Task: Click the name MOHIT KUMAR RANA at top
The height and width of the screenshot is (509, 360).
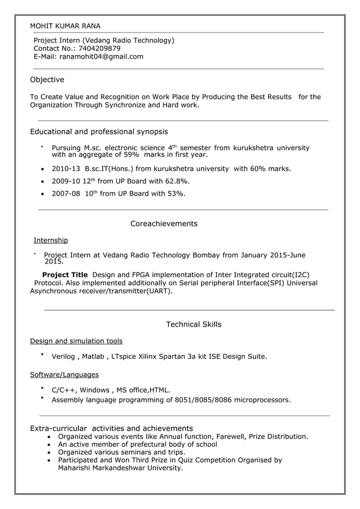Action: tap(65, 26)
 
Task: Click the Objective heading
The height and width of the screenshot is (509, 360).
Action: tap(47, 80)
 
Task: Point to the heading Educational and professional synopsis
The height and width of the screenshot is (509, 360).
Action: tap(99, 131)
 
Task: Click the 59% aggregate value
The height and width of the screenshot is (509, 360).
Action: tap(131, 154)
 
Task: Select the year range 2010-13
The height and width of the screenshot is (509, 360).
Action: tap(65, 168)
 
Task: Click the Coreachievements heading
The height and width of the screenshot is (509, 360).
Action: tap(164, 223)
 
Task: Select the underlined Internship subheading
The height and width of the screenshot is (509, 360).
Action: tap(51, 240)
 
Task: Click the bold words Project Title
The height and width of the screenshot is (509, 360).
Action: tap(65, 275)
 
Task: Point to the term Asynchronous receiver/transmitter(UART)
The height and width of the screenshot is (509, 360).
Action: tap(101, 291)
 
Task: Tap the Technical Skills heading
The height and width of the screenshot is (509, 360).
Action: tap(194, 324)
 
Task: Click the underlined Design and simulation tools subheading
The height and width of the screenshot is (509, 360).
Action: tap(76, 341)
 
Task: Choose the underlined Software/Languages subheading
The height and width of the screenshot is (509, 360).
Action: tap(64, 375)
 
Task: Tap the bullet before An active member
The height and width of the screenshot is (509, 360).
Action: tap(52, 445)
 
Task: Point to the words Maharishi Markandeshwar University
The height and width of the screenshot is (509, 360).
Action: tap(121, 468)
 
